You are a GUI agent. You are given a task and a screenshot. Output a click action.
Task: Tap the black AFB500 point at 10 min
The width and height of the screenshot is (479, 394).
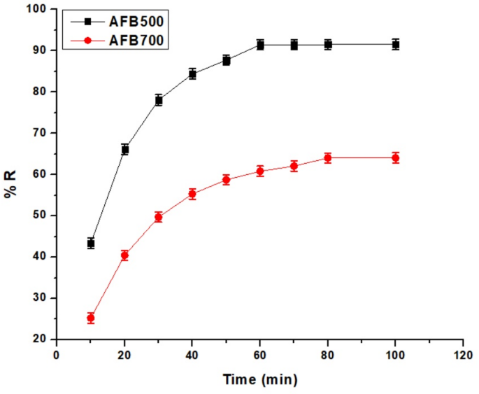tap(91, 244)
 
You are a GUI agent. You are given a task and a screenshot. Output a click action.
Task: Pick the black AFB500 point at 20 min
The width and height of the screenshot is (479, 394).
tap(125, 149)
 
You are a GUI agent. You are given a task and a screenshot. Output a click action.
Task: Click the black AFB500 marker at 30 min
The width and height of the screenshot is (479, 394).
tap(159, 100)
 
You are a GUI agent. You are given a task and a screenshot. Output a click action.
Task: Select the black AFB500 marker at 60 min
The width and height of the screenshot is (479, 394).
tap(260, 45)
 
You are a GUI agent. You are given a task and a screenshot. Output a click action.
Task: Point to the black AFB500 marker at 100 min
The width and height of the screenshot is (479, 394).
tap(396, 45)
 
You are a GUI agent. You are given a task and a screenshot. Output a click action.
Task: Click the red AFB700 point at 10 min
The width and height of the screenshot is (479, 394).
tap(91, 318)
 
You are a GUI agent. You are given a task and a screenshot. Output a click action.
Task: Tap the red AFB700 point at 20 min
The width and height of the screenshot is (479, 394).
tap(125, 255)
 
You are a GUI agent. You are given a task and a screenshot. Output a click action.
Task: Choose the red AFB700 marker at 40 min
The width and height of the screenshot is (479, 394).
tap(192, 194)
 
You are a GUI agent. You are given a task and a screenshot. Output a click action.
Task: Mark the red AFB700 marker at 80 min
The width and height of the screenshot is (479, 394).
tap(328, 157)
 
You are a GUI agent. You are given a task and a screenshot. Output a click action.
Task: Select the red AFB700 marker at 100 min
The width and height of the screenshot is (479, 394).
tap(396, 157)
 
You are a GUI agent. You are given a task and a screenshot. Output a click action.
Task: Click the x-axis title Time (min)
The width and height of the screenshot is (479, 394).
tap(260, 380)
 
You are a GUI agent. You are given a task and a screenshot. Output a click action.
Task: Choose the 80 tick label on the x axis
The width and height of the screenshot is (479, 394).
tap(328, 354)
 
